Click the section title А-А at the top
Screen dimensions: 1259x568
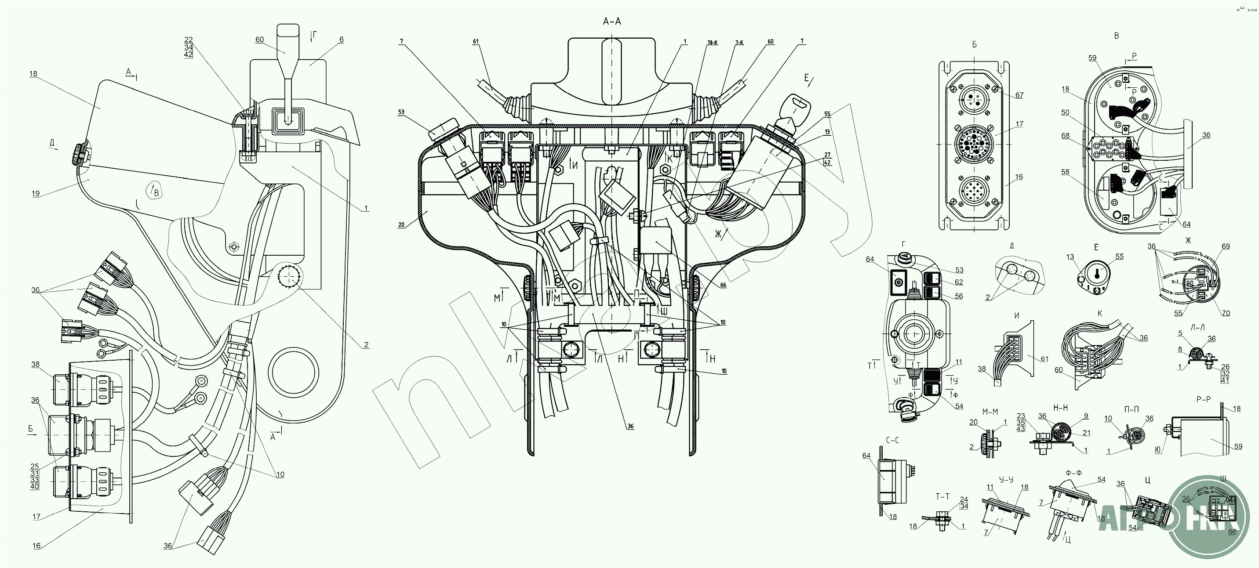[612, 22]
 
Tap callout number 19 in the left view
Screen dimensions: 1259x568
[36, 193]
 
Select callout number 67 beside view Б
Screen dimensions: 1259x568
[1019, 95]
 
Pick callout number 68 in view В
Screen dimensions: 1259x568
[1066, 136]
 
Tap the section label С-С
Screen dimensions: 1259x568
[892, 440]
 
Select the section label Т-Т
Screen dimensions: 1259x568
[942, 496]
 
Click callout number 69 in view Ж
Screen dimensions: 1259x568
[1226, 246]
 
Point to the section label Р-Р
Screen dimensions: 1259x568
[1203, 399]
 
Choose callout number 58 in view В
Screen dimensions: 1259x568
[1066, 172]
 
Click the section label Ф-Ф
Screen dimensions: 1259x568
[1073, 473]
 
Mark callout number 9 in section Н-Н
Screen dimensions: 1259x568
[1086, 416]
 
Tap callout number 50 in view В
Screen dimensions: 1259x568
[1066, 112]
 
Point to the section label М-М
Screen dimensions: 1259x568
[990, 412]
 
